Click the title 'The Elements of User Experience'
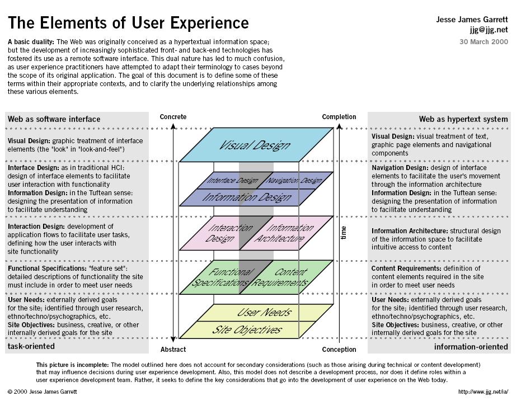[128, 23]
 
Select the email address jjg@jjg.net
[489, 30]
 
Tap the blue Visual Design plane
[255, 145]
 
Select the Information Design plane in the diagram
[247, 197]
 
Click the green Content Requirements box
[285, 277]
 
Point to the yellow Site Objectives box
[247, 329]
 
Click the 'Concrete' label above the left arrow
[173, 117]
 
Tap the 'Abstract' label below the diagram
[173, 350]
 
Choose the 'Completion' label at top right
[339, 117]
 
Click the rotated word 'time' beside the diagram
[344, 232]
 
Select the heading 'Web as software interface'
[54, 119]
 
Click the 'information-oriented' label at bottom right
[471, 347]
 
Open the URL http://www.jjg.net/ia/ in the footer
[482, 392]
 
